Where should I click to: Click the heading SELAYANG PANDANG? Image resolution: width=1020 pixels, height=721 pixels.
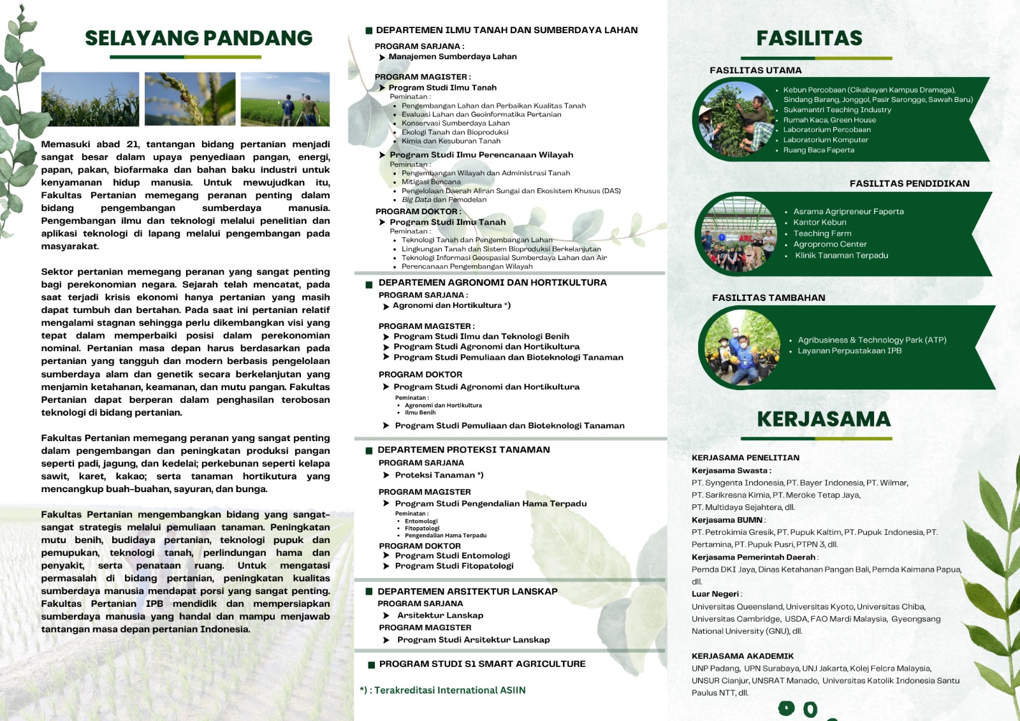(x=198, y=38)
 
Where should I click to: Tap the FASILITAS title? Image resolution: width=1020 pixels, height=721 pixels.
(x=809, y=38)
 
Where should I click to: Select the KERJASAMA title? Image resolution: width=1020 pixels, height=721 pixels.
(x=824, y=419)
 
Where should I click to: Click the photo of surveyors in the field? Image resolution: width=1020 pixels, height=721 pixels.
(x=285, y=99)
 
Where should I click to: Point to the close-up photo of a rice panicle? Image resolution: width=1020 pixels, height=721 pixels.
(x=190, y=99)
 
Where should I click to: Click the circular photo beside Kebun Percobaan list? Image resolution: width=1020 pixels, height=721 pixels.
(x=738, y=120)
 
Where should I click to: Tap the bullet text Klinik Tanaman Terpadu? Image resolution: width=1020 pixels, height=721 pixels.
(x=841, y=256)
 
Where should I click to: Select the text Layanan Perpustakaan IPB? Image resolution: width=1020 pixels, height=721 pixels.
(x=849, y=351)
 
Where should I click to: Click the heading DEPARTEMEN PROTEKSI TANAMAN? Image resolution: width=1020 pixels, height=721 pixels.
(x=463, y=449)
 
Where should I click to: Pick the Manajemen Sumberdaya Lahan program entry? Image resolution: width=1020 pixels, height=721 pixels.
(x=453, y=57)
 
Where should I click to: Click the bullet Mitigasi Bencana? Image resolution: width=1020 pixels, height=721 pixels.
(x=431, y=182)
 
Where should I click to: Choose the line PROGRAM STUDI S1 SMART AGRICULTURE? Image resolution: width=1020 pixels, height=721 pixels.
(x=482, y=664)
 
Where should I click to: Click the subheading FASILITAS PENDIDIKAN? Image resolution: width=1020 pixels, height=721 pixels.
(x=909, y=184)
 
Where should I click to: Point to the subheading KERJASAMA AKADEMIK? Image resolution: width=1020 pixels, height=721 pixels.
(x=743, y=656)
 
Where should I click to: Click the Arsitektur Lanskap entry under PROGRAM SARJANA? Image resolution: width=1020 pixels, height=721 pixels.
(x=440, y=616)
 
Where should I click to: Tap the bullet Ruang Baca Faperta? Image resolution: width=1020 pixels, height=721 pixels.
(x=819, y=150)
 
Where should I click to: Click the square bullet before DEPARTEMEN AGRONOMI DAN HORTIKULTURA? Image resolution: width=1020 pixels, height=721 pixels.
(x=368, y=284)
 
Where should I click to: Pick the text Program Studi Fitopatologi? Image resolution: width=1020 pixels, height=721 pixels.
(x=454, y=566)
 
